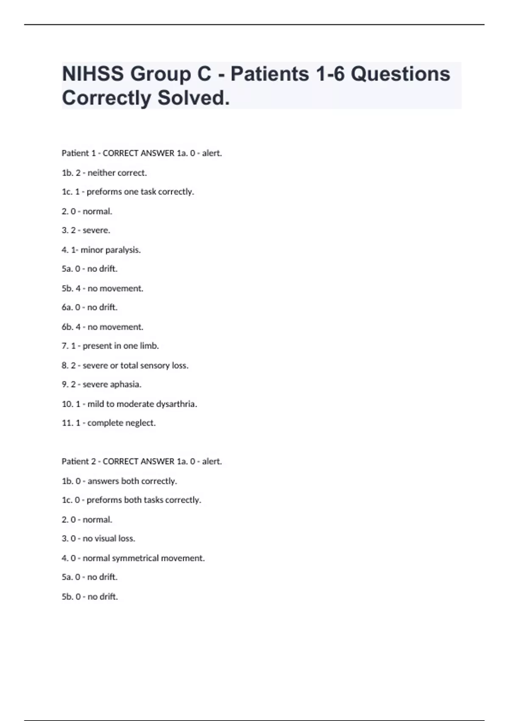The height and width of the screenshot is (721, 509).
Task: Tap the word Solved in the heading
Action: click(x=193, y=98)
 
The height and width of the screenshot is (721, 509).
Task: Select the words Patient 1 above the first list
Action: click(x=78, y=153)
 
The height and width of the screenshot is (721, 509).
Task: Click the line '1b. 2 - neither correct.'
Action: click(x=104, y=173)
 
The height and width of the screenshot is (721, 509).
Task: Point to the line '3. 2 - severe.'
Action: click(x=86, y=230)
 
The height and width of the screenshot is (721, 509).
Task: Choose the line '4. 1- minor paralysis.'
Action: click(x=101, y=250)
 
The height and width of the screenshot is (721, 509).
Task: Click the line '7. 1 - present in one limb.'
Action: click(x=110, y=346)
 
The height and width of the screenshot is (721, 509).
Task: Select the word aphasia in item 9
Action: click(x=126, y=384)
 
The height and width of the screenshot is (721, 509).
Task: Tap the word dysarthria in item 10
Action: click(x=176, y=404)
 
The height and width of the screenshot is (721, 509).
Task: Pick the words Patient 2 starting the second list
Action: click(x=78, y=461)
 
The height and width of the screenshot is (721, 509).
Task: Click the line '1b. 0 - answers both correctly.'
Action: click(x=119, y=481)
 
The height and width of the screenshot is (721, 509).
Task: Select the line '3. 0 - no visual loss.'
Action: click(x=98, y=539)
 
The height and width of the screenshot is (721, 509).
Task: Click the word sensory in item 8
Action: click(x=155, y=365)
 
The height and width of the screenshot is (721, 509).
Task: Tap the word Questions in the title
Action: click(x=400, y=74)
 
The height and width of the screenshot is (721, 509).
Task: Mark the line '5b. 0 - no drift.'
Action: click(x=90, y=597)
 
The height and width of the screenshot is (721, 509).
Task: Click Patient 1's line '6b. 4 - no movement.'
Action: click(x=103, y=327)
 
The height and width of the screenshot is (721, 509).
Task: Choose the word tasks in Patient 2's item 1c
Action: click(x=153, y=500)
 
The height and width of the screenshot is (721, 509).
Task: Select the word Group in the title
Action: click(x=171, y=74)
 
